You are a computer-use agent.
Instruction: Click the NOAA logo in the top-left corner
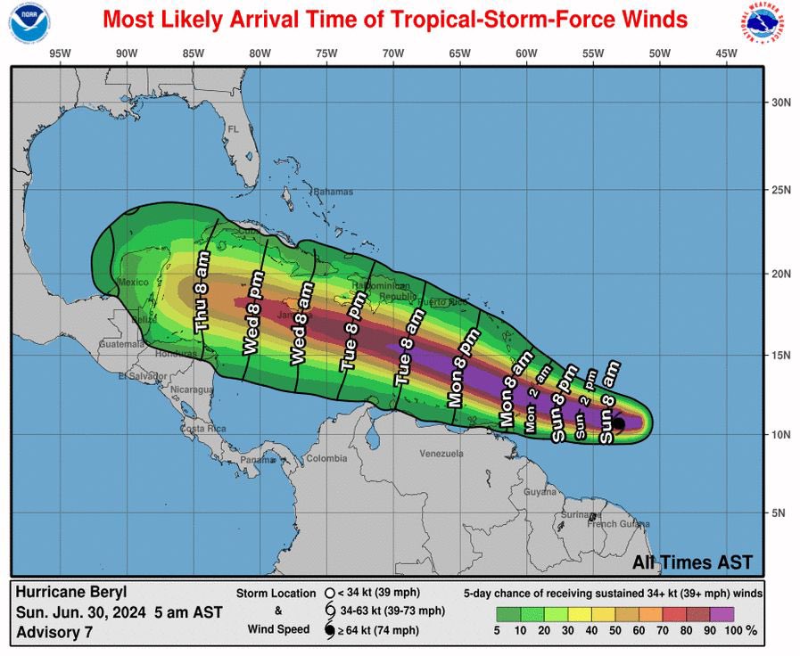[x=29, y=24]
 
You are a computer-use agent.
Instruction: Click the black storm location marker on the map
[x=617, y=423]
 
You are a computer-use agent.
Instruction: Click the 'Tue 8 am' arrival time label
[x=408, y=347]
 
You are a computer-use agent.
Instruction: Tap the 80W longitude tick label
[x=260, y=53]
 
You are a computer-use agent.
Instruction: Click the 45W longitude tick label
[x=726, y=53]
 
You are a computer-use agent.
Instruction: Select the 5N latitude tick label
[x=778, y=512]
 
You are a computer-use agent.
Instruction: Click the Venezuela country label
[x=441, y=454]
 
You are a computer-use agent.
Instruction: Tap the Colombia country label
[x=326, y=459]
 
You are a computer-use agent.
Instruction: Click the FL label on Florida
[x=234, y=130]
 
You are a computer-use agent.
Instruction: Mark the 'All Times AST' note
[x=692, y=562]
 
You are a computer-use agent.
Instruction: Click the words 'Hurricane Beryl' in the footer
[x=71, y=592]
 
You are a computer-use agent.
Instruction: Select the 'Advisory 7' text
[x=53, y=633]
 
